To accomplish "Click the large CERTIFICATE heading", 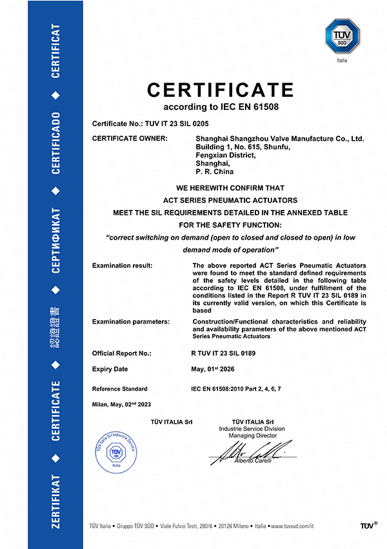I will [x=221, y=89].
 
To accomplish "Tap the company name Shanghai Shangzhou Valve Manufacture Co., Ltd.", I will [x=280, y=139].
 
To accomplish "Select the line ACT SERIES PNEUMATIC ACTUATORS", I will [x=221, y=200].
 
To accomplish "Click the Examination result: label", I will [x=123, y=265].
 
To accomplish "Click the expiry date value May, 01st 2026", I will [x=219, y=369].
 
